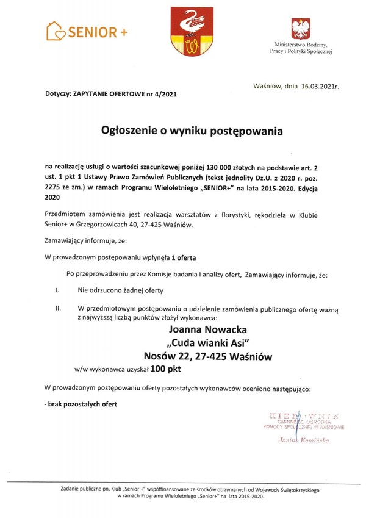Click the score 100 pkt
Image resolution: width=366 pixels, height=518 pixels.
[x=166, y=369]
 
